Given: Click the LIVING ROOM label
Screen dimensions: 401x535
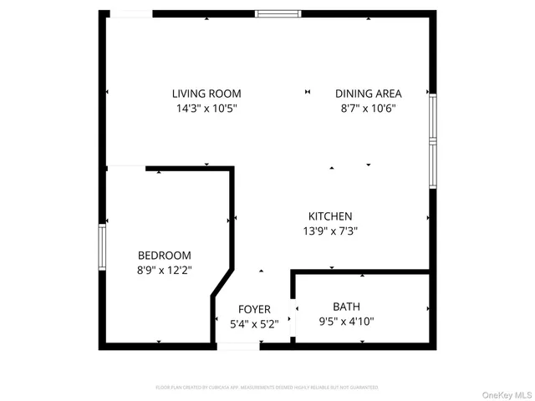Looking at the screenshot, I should [206, 94].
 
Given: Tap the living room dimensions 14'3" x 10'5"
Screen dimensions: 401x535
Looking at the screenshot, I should [206, 108].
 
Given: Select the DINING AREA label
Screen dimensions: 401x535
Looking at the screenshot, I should [369, 94].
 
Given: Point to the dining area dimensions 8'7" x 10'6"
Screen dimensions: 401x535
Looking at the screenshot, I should [369, 108].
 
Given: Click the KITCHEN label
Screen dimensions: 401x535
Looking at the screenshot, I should [330, 216].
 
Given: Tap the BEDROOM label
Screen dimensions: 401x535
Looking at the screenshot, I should [165, 256].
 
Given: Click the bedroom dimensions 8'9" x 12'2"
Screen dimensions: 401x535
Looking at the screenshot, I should [165, 270].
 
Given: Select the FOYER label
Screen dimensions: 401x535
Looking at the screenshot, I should [254, 310].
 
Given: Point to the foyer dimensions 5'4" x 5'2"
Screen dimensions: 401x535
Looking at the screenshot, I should [254, 325].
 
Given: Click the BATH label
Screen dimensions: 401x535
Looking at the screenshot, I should [346, 307].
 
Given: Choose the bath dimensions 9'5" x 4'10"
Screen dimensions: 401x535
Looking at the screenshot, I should [346, 321].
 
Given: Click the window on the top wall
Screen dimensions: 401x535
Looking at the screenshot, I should [278, 13].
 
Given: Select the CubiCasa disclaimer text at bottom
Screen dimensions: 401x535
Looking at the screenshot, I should [267, 388].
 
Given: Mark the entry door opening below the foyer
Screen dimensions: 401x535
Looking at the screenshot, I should [238, 346].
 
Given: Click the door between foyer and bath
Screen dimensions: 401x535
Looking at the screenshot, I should [292, 318].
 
